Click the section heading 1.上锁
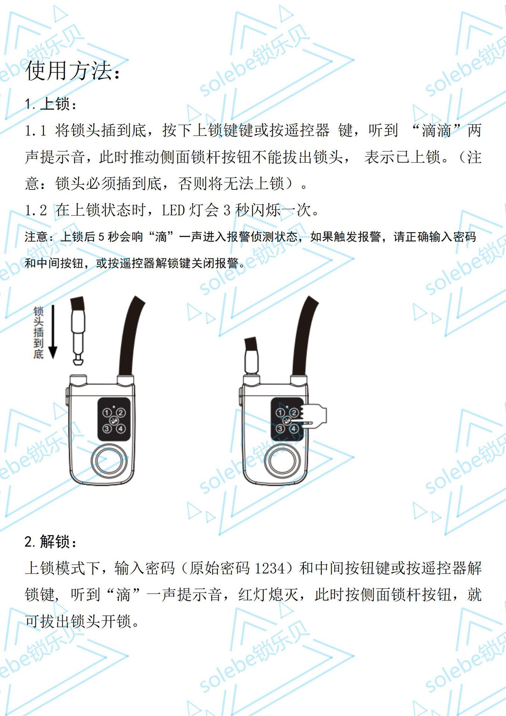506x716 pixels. (x=50, y=104)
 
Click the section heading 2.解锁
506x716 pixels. (x=50, y=541)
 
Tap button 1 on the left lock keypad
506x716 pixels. (x=107, y=412)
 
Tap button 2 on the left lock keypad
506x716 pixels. (x=121, y=412)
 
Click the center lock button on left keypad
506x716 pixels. (x=114, y=421)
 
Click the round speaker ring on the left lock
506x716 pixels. (x=109, y=462)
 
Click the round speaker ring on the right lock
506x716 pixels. (x=283, y=462)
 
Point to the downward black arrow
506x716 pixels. (x=53, y=332)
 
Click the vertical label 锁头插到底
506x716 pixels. (x=38, y=332)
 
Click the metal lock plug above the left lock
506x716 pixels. (x=78, y=330)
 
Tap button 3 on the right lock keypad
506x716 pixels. (x=280, y=428)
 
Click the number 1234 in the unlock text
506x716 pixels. (x=270, y=568)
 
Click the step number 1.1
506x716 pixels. (x=35, y=131)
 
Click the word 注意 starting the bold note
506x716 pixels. (x=36, y=236)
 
